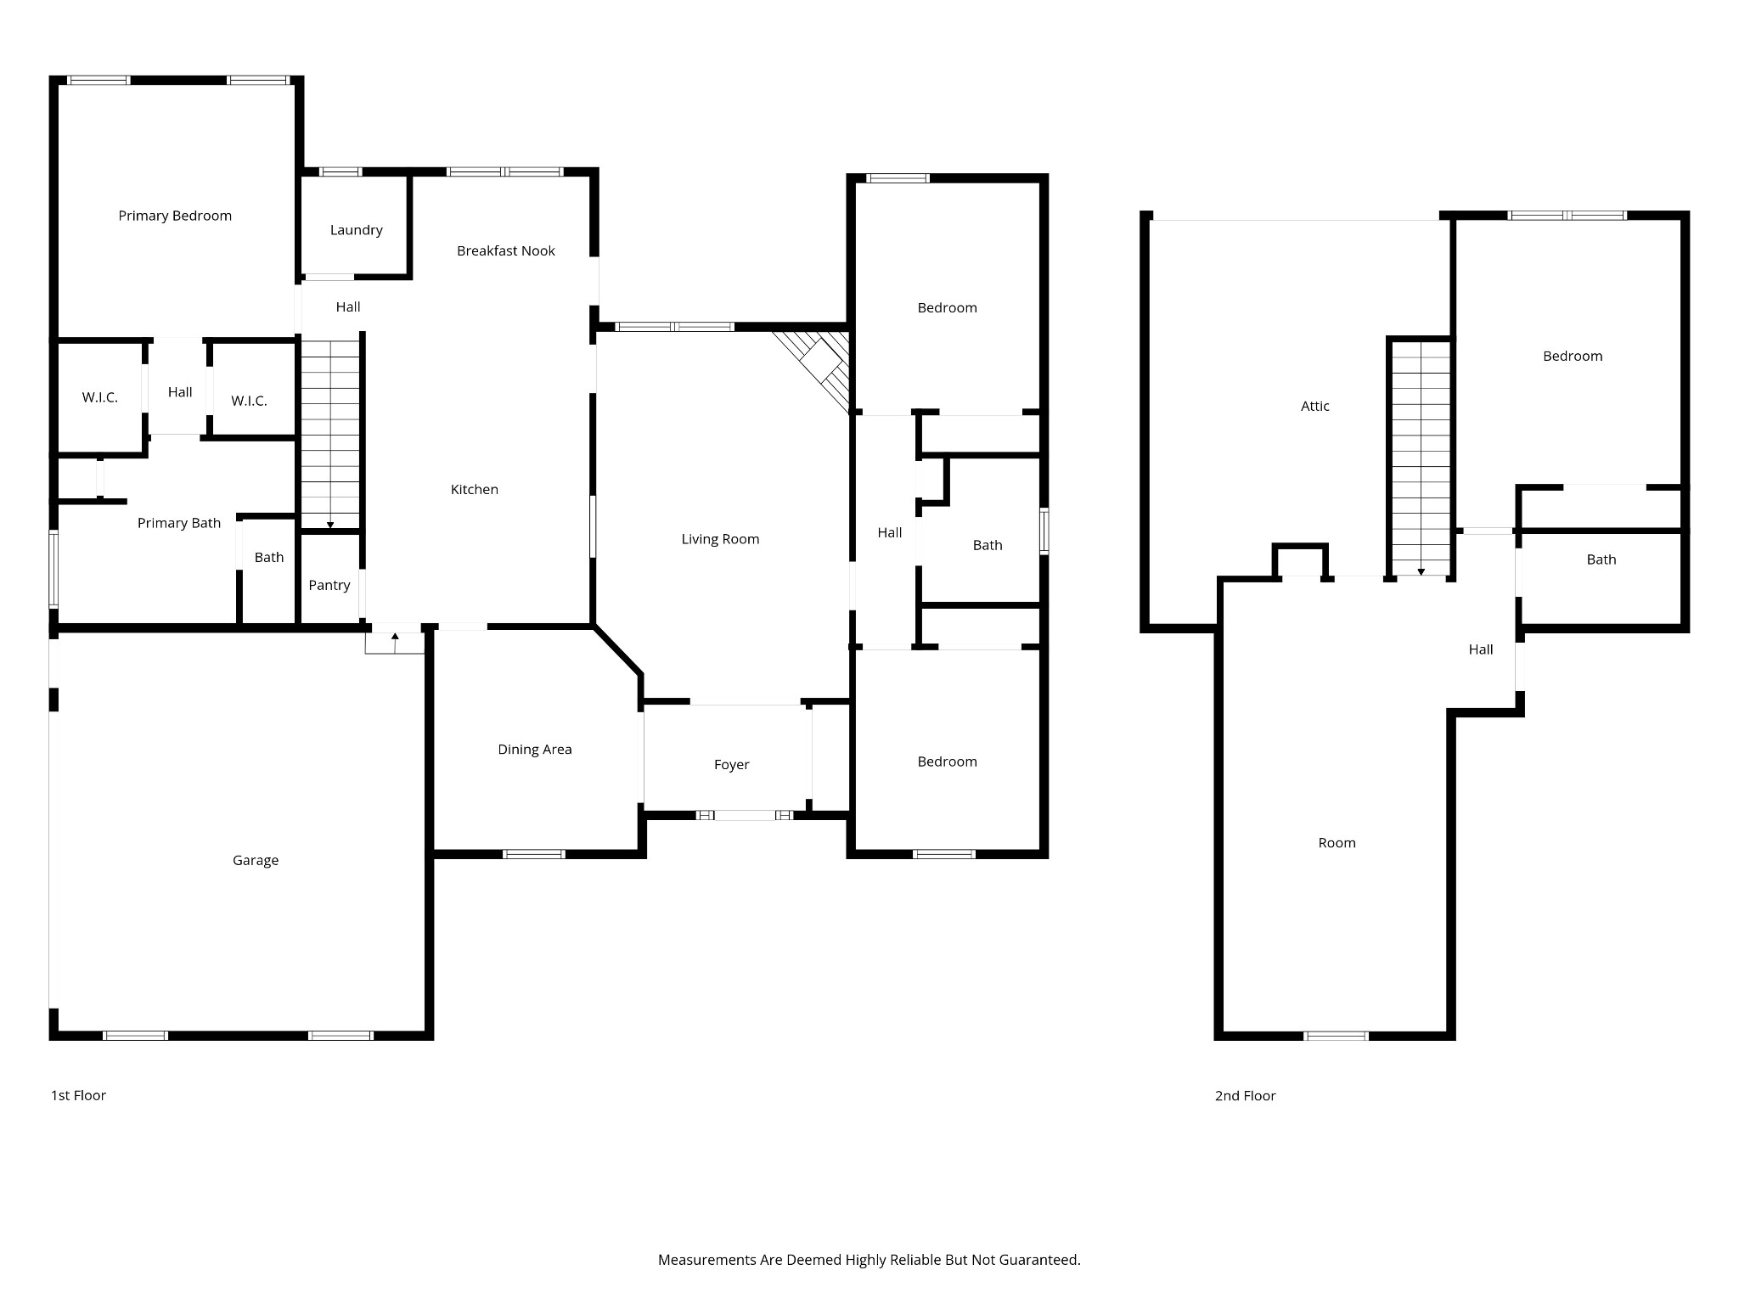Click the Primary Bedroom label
(x=175, y=216)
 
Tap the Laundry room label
(x=356, y=230)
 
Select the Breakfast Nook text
(x=505, y=250)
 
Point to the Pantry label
(x=329, y=585)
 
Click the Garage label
(x=256, y=860)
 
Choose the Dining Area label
(x=534, y=749)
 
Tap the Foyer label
(x=731, y=764)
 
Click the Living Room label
(x=720, y=539)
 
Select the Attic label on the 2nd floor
(x=1314, y=406)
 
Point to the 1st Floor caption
(x=78, y=1095)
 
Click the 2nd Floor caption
(x=1245, y=1095)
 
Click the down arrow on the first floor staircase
(x=330, y=525)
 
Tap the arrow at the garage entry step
(x=395, y=637)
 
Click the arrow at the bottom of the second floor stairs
(x=1421, y=571)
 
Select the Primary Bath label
(x=179, y=523)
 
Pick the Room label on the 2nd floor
(x=1337, y=843)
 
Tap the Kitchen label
(x=474, y=489)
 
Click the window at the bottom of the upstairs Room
(x=1336, y=1036)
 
